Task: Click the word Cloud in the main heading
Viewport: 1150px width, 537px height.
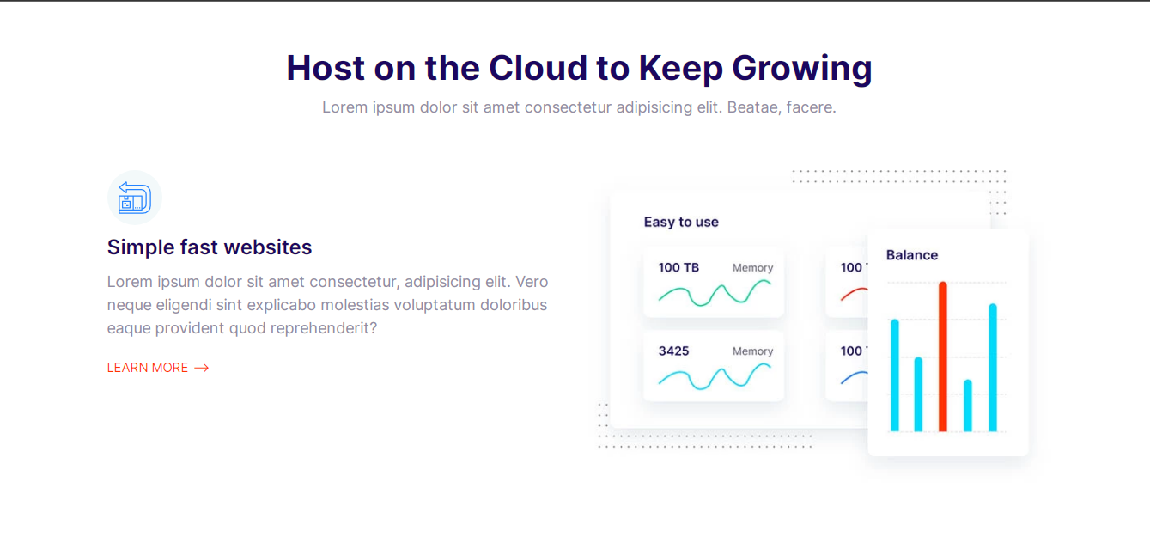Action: pos(538,68)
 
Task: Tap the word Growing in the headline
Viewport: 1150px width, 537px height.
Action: pos(802,69)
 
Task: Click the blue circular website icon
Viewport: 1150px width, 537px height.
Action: pos(135,198)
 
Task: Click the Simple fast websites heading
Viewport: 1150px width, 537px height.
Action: pos(210,247)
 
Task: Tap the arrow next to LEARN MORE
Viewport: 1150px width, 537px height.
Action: pos(202,368)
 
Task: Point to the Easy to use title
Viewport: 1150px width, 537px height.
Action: pos(681,222)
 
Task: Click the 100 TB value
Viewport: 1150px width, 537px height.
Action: pos(678,267)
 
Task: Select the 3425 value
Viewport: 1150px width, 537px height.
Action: pos(673,351)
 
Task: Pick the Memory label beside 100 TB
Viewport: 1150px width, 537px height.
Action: pos(752,267)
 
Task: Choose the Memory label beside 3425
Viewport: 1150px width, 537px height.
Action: pos(752,351)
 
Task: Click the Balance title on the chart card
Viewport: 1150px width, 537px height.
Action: pos(912,255)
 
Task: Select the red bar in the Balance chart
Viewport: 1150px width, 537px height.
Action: pos(943,357)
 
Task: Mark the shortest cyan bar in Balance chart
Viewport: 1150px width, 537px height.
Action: pos(968,406)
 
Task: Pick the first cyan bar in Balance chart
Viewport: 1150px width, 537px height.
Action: pos(895,375)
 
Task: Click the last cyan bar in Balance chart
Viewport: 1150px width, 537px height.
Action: pos(993,368)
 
